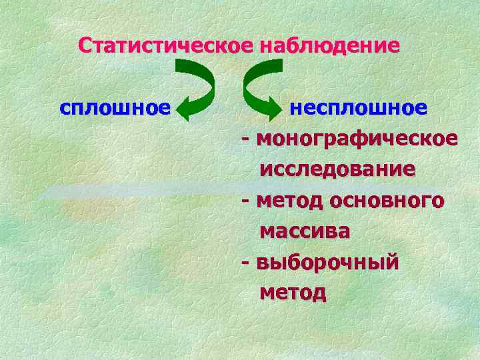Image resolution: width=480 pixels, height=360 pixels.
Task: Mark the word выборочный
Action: [327, 262]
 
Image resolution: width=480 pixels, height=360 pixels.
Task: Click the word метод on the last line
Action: [293, 292]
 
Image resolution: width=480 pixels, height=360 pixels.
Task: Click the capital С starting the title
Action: [85, 46]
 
